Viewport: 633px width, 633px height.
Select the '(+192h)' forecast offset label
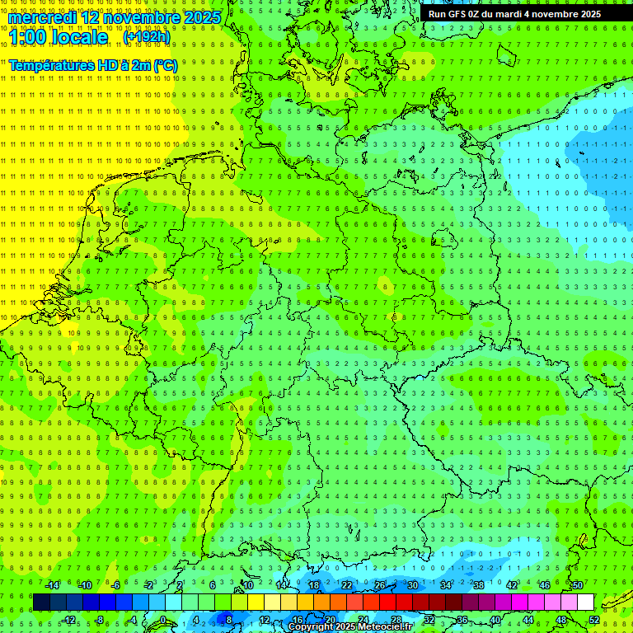147,37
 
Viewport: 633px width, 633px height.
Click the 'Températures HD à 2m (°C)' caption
92,65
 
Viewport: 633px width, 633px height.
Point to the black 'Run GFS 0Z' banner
514,14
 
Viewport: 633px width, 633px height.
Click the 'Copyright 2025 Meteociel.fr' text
350,627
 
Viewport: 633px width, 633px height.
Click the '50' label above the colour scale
577,585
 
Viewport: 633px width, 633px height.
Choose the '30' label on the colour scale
413,585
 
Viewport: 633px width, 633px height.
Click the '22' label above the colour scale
347,585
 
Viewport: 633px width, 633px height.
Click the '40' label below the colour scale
495,620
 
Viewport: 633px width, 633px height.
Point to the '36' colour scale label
462,620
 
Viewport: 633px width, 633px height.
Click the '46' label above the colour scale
544,585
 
